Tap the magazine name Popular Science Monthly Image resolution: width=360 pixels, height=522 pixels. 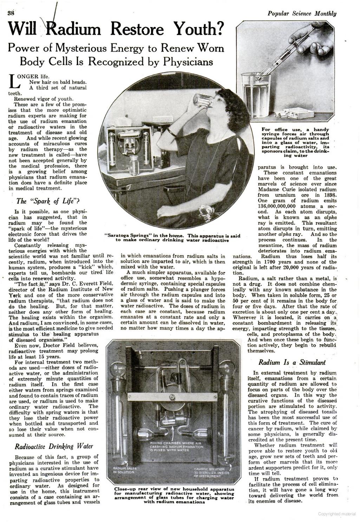(x=302, y=14)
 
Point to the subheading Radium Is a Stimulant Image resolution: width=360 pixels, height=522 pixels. (x=292, y=362)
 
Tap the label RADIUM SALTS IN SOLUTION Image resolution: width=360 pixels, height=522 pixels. (x=123, y=470)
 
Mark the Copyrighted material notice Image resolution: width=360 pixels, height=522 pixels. (x=337, y=514)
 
